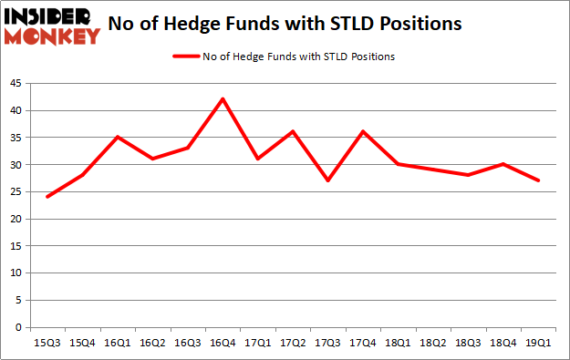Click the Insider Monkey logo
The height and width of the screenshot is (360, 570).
coord(51,25)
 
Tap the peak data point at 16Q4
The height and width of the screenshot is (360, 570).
coord(222,98)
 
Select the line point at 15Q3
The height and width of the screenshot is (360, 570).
coord(47,197)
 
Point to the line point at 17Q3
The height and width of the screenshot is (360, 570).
coord(326,180)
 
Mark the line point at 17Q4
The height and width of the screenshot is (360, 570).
coord(362,131)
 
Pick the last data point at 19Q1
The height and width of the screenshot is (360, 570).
coord(537,180)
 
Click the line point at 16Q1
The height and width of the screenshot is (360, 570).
coord(118,137)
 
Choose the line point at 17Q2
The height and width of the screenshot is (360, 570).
coord(292,131)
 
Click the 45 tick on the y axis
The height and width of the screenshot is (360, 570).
coord(17,83)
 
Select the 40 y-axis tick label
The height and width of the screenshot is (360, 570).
coord(17,110)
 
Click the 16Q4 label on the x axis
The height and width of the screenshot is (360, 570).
coord(222,343)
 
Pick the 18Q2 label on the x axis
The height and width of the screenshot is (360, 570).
coord(431,343)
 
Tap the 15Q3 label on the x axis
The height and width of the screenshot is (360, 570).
coord(47,343)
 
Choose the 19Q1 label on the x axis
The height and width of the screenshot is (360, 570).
coord(537,343)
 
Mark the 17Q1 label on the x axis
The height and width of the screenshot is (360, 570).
coord(257,343)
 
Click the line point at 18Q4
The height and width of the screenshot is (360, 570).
coord(502,164)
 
